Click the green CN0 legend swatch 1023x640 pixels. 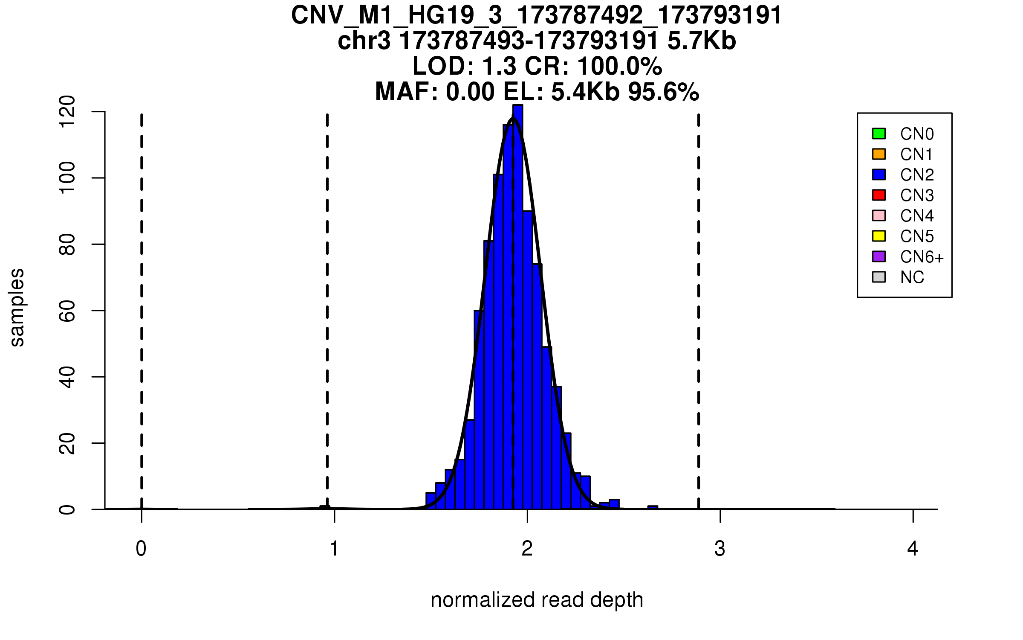click(x=879, y=134)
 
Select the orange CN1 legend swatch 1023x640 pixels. click(x=879, y=154)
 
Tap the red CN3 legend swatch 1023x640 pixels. click(x=879, y=195)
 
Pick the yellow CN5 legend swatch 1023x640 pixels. click(x=879, y=236)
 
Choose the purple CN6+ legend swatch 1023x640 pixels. click(x=879, y=256)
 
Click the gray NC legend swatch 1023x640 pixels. click(x=879, y=277)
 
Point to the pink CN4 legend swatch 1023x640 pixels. click(x=879, y=215)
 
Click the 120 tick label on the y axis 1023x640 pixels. click(x=67, y=112)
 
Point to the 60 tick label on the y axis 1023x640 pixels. click(x=67, y=311)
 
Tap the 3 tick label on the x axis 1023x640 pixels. click(x=720, y=549)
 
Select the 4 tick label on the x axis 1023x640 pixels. click(x=913, y=549)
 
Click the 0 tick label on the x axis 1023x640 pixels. click(x=141, y=549)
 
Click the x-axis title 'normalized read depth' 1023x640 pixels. click(x=537, y=600)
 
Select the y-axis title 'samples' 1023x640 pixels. click(x=17, y=308)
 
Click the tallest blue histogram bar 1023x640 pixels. click(x=517, y=307)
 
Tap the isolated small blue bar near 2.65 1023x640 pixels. click(x=653, y=507)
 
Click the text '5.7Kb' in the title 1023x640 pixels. click(x=702, y=41)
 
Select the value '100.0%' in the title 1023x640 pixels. click(x=620, y=67)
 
